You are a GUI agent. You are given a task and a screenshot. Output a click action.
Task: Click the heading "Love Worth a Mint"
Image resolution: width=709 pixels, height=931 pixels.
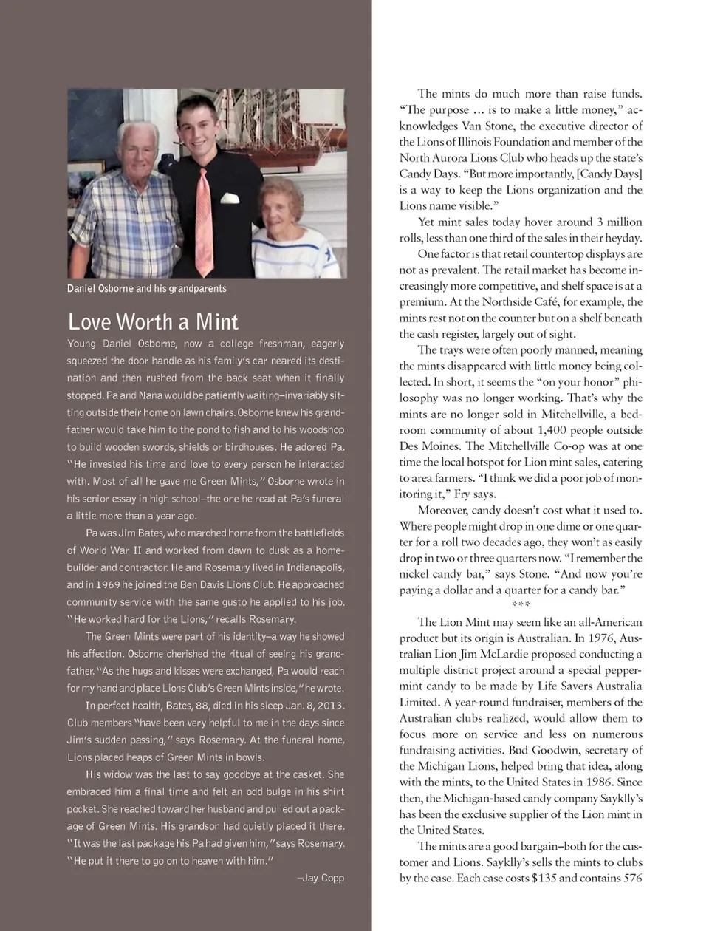[x=153, y=322]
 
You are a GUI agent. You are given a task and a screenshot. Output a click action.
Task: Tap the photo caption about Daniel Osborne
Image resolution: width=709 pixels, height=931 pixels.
[x=146, y=289]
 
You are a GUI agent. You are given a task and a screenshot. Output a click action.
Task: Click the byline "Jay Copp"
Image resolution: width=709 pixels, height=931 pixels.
[x=323, y=879]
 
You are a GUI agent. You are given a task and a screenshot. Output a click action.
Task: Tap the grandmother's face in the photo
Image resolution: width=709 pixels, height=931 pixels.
[x=278, y=207]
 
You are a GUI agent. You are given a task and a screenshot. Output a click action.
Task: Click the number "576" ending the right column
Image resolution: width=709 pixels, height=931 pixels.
[x=632, y=879]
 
